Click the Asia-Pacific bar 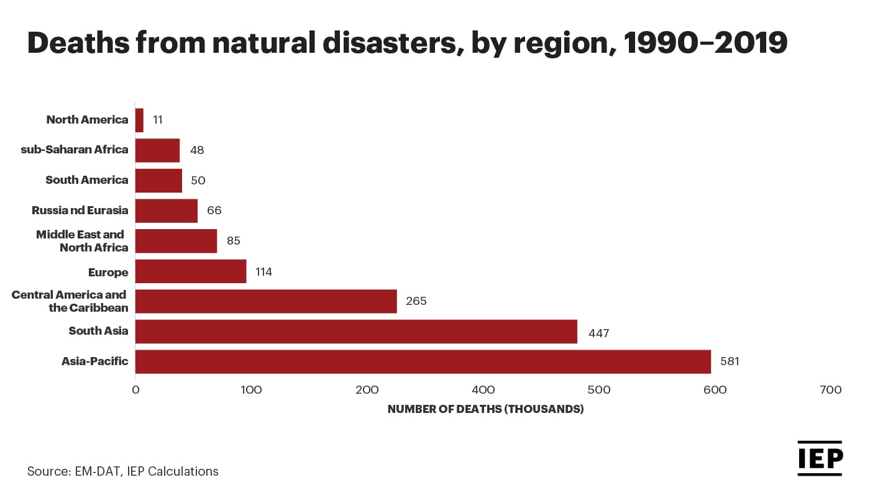(423, 361)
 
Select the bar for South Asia (356, 331)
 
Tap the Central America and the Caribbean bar (266, 301)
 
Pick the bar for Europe (191, 271)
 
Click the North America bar (139, 120)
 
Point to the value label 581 (730, 361)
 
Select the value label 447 (599, 333)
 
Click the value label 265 (416, 301)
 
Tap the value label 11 (158, 120)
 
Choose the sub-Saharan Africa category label (75, 150)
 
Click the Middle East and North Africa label (81, 241)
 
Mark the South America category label (87, 180)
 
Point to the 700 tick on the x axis (831, 390)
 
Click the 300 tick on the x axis (367, 390)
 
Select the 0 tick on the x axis (135, 390)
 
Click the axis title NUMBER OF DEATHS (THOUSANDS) (485, 410)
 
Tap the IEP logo (820, 458)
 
